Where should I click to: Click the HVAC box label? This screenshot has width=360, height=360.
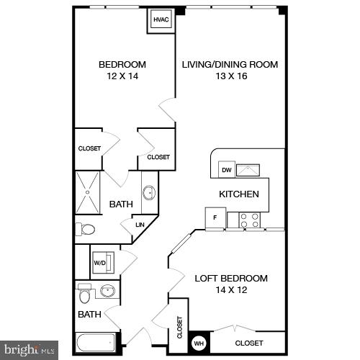160,21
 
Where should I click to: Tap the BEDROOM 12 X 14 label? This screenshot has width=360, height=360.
122,70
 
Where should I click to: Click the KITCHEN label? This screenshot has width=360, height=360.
238,194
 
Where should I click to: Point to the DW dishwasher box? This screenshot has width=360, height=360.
226,170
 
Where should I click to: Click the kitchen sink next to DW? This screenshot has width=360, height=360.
249,169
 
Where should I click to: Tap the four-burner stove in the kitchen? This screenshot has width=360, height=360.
249,220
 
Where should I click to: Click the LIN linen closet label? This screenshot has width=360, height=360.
140,225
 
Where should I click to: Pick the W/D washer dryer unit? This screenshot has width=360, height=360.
100,263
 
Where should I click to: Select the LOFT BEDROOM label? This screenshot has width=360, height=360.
231,278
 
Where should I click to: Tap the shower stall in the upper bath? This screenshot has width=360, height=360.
89,192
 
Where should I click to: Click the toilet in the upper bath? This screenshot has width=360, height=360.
86,230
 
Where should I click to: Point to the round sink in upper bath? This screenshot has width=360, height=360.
149,192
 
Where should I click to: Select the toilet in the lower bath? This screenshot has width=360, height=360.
84,295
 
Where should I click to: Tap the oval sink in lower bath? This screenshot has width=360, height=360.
108,292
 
